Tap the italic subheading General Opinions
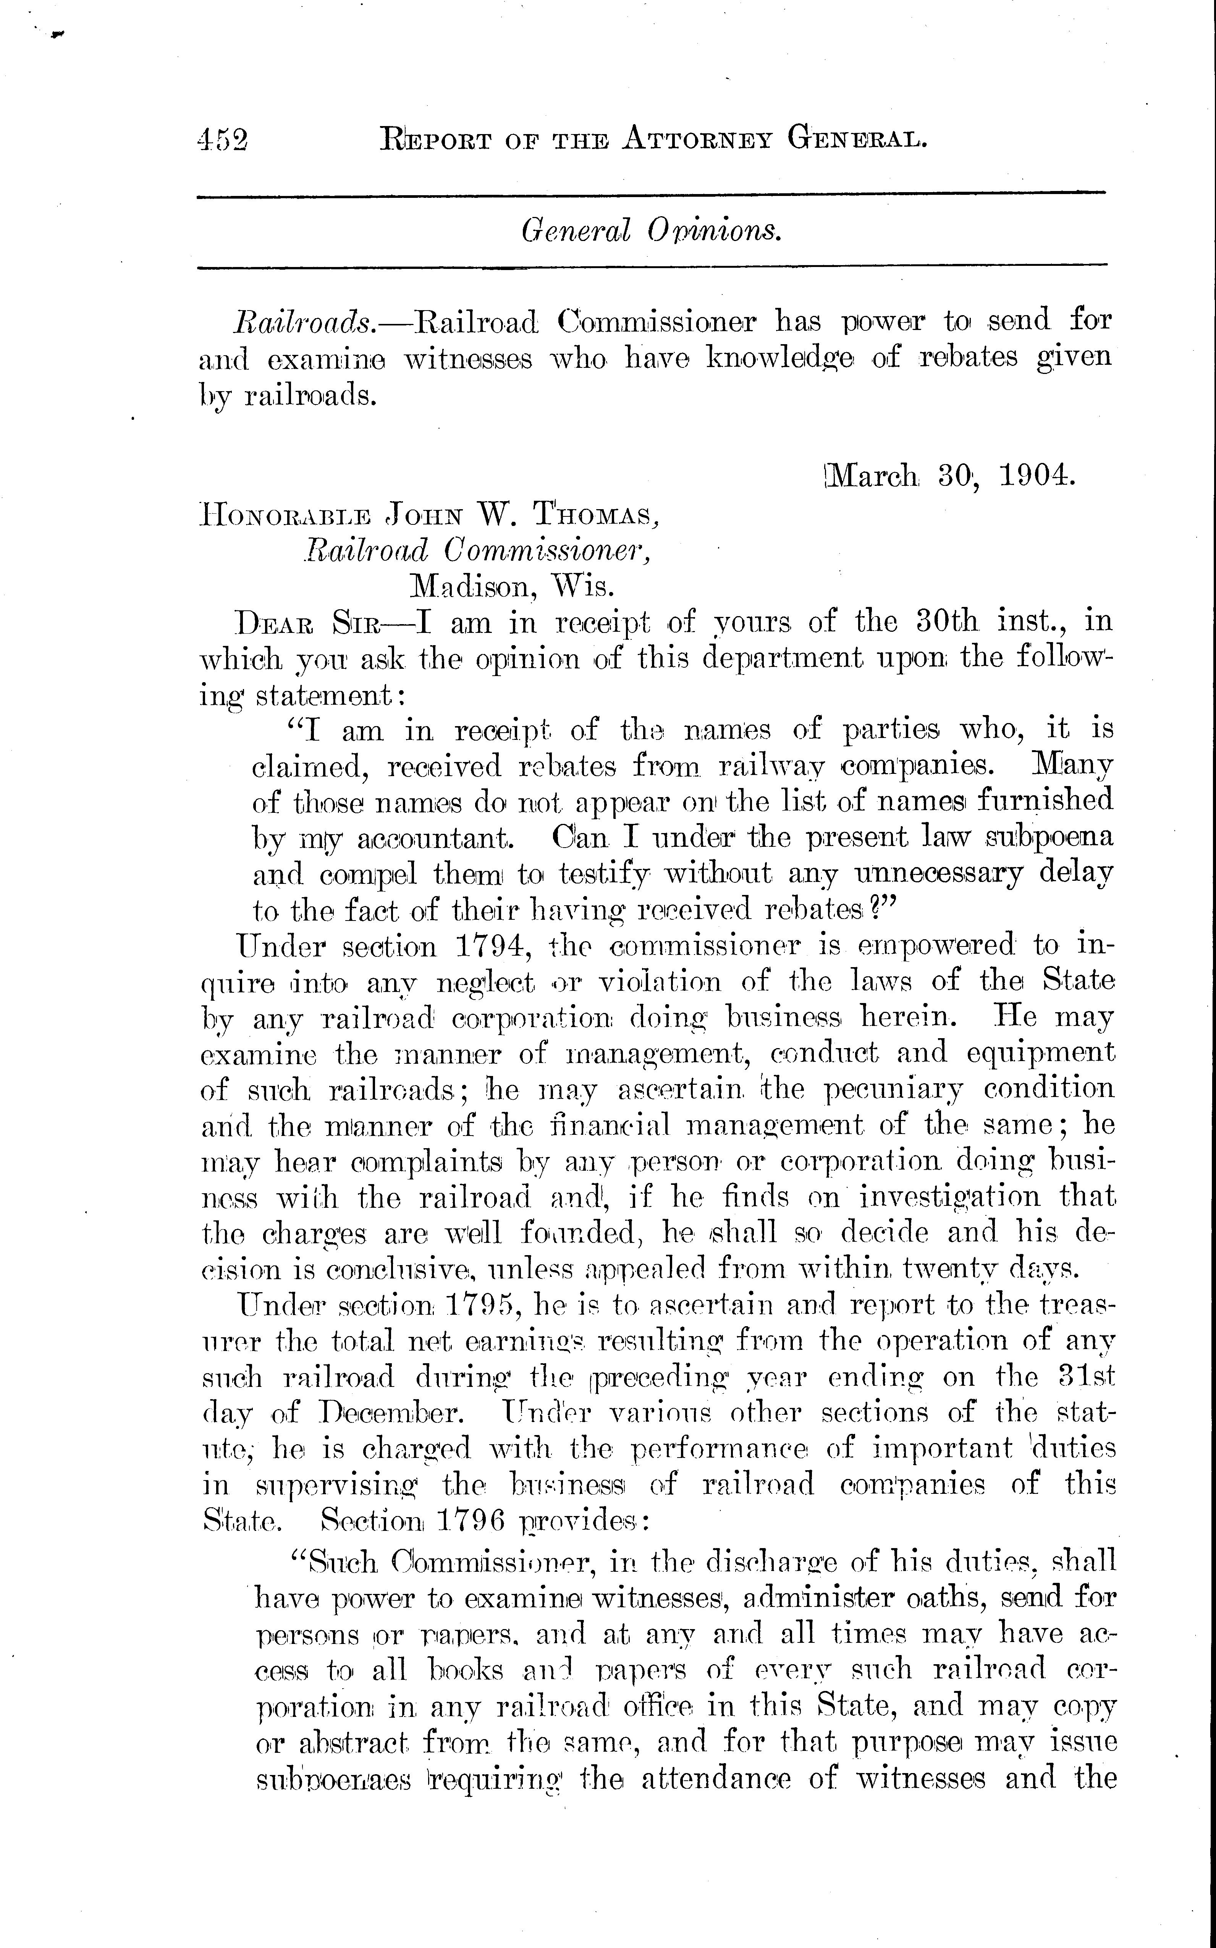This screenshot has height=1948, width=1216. (x=652, y=231)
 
